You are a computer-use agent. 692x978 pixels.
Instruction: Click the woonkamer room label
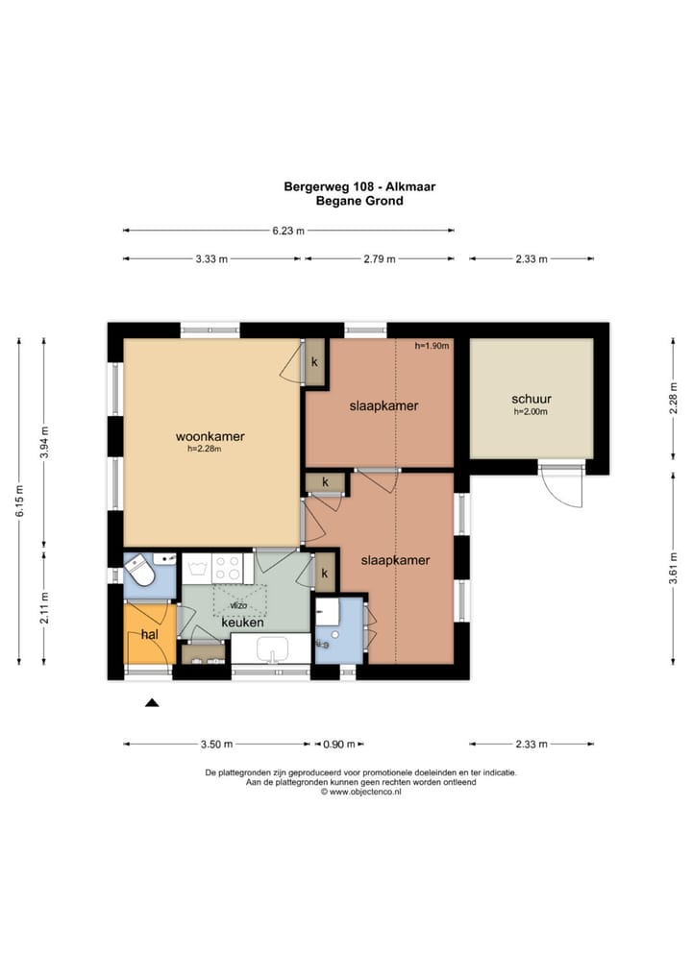(x=210, y=436)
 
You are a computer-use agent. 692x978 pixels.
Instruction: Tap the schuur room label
(x=531, y=399)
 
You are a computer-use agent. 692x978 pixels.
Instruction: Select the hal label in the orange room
(x=150, y=634)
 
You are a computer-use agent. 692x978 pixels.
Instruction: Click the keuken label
(x=243, y=623)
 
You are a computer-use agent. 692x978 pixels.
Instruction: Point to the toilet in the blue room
(x=139, y=570)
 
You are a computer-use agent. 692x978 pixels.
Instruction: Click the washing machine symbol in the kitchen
(x=197, y=568)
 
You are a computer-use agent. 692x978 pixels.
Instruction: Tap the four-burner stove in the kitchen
(x=227, y=568)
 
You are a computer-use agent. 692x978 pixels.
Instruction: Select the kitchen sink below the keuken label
(x=272, y=649)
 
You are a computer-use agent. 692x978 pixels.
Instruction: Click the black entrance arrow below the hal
(x=152, y=703)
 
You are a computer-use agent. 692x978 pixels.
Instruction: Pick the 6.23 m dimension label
(x=288, y=231)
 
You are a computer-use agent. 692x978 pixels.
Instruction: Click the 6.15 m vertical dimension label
(x=20, y=501)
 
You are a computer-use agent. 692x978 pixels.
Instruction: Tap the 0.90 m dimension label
(x=339, y=745)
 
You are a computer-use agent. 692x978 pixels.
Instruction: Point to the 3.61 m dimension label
(x=674, y=568)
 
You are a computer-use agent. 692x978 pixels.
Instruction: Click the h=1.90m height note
(x=432, y=346)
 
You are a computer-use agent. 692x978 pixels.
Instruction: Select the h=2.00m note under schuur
(x=531, y=411)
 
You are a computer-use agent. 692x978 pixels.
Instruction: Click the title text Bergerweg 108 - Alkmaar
(x=359, y=186)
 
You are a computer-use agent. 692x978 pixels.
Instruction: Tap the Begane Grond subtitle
(x=359, y=201)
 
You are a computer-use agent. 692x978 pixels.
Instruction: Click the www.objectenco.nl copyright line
(x=361, y=792)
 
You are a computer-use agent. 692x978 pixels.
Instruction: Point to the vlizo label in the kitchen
(x=238, y=605)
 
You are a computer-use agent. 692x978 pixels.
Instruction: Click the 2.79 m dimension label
(x=380, y=258)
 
